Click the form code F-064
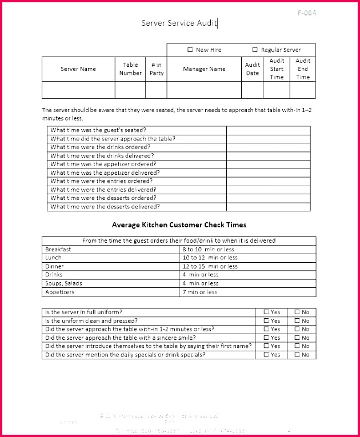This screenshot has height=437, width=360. pyautogui.click(x=306, y=13)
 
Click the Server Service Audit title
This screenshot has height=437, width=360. pyautogui.click(x=179, y=23)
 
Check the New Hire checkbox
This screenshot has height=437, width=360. pyautogui.click(x=190, y=50)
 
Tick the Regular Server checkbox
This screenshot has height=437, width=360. pyautogui.click(x=255, y=50)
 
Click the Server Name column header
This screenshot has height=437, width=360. pyautogui.click(x=78, y=69)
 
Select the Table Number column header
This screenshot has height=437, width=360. pyautogui.click(x=130, y=69)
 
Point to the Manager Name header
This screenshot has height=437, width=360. pyautogui.click(x=204, y=69)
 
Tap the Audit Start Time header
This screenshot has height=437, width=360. pyautogui.click(x=277, y=69)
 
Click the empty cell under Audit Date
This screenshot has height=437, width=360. pyautogui.click(x=252, y=90)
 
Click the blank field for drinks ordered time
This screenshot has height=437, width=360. pyautogui.click(x=268, y=147)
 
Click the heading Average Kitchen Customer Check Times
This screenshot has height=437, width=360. pyautogui.click(x=179, y=225)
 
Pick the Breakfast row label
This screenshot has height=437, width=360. pyautogui.click(x=58, y=250)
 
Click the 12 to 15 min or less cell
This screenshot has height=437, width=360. pyautogui.click(x=210, y=266)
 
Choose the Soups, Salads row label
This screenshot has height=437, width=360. pyautogui.click(x=63, y=283)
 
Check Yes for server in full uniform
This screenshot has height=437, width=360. pyautogui.click(x=266, y=312)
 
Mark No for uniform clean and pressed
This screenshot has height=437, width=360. pyautogui.click(x=297, y=321)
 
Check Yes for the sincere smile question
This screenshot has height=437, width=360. pyautogui.click(x=266, y=338)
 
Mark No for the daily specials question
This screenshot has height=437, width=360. pyautogui.click(x=297, y=355)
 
